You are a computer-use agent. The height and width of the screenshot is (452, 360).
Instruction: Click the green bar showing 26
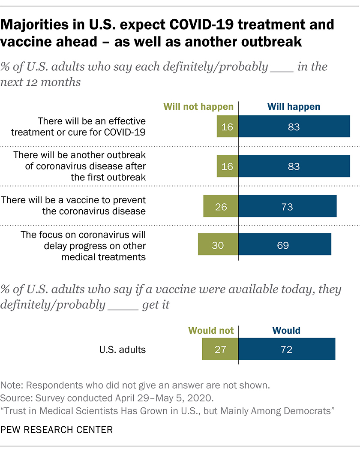click(x=221, y=207)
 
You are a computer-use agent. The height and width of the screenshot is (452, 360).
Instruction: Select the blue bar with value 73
click(x=288, y=207)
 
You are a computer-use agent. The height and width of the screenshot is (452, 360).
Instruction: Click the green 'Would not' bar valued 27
click(x=220, y=349)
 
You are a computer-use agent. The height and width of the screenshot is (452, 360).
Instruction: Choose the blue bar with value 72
click(x=287, y=349)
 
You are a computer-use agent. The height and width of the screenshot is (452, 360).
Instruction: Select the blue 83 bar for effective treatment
click(x=294, y=127)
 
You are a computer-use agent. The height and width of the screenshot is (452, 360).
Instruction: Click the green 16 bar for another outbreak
click(x=227, y=166)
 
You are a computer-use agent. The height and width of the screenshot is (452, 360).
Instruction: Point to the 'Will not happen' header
click(x=198, y=106)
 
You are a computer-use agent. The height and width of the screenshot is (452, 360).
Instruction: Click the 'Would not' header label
click(x=211, y=331)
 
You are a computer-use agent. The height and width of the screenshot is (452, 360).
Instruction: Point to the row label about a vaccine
click(x=74, y=206)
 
